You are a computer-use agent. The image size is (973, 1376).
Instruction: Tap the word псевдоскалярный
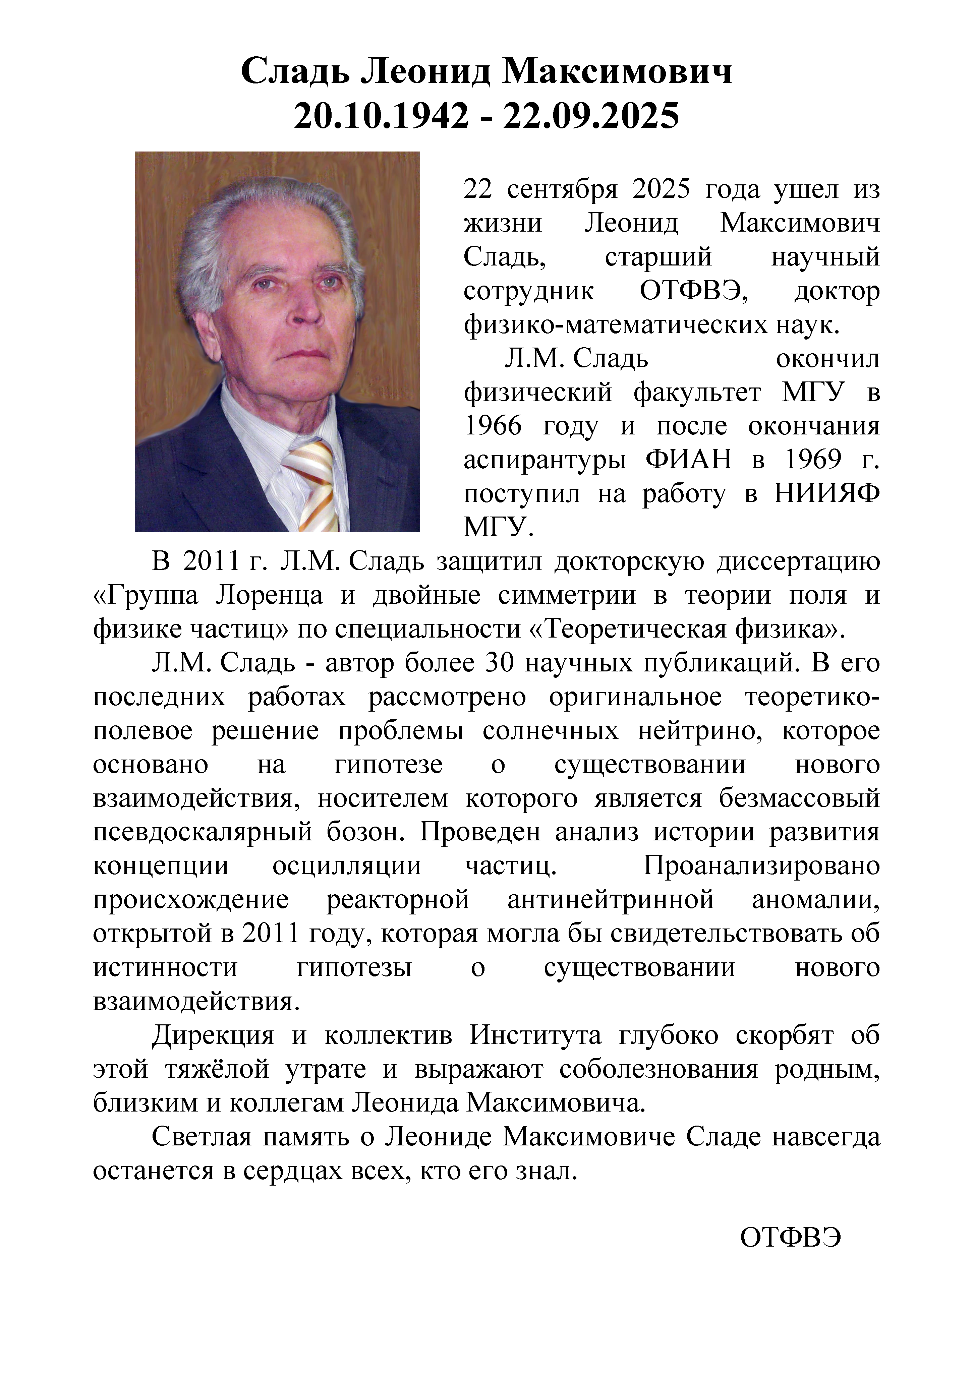tap(202, 832)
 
